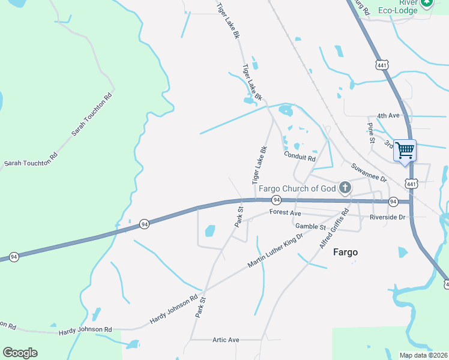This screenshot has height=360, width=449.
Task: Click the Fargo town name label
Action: click(345, 253)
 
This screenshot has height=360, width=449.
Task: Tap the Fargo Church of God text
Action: click(297, 188)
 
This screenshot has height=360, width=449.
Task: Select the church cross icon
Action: click(345, 188)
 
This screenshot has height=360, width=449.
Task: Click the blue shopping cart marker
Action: click(405, 149)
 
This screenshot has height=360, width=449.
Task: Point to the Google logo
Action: click(20, 352)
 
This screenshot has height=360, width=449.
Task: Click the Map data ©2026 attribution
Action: click(424, 355)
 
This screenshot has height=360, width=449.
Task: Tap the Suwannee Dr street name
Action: click(369, 173)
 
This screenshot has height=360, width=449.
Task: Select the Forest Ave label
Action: click(285, 212)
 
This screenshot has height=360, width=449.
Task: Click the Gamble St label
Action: click(310, 226)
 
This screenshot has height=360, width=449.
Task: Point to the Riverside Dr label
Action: click(388, 217)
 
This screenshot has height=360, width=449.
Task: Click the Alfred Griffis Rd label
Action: click(334, 230)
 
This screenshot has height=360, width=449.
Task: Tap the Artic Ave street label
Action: click(226, 340)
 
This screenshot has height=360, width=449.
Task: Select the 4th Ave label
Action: click(388, 115)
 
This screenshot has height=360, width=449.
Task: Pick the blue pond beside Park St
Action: click(210, 230)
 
